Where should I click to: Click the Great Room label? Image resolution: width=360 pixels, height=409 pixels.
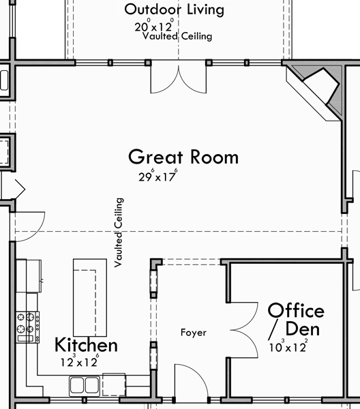pyautogui.click(x=183, y=157)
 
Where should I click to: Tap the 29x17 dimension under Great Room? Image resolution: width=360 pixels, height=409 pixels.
pyautogui.click(x=157, y=176)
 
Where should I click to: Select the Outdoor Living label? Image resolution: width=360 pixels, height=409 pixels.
pyautogui.click(x=174, y=10)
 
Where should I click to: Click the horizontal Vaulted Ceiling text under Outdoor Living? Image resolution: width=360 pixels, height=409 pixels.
pyautogui.click(x=177, y=37)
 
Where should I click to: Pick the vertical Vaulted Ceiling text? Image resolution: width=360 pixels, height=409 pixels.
pyautogui.click(x=120, y=232)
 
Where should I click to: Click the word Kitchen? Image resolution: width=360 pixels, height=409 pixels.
pyautogui.click(x=86, y=345)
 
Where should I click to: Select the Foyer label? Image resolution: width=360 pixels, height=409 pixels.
pyautogui.click(x=193, y=333)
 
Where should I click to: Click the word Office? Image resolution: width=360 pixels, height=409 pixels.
pyautogui.click(x=295, y=311)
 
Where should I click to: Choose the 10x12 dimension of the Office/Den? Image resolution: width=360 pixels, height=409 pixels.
pyautogui.click(x=288, y=347)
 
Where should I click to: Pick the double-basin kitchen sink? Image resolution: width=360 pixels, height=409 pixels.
pyautogui.click(x=85, y=385)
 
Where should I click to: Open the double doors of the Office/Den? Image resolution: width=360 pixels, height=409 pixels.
pyautogui.click(x=247, y=331)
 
